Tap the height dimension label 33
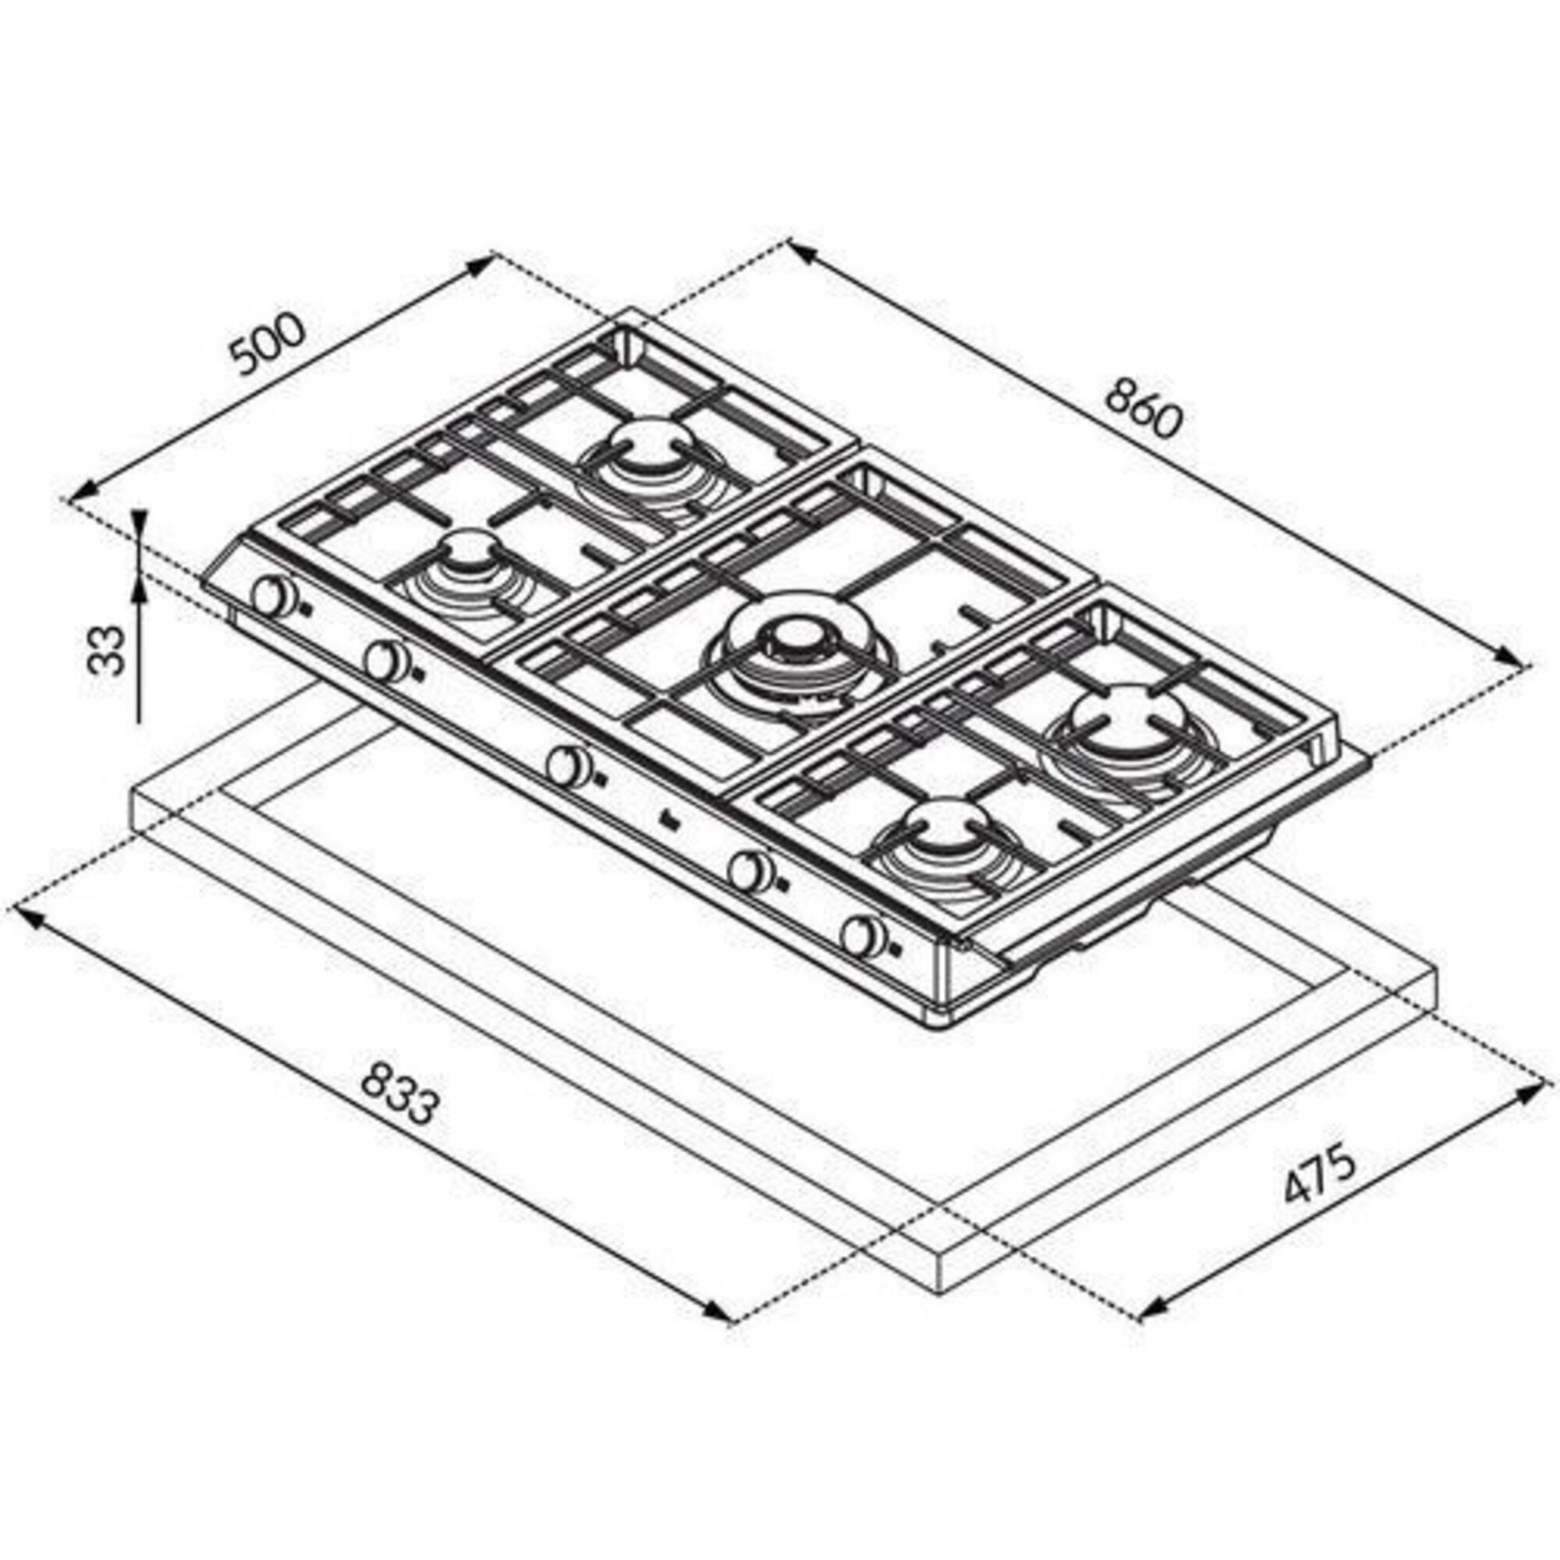point(106,650)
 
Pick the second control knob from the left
point(386,661)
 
